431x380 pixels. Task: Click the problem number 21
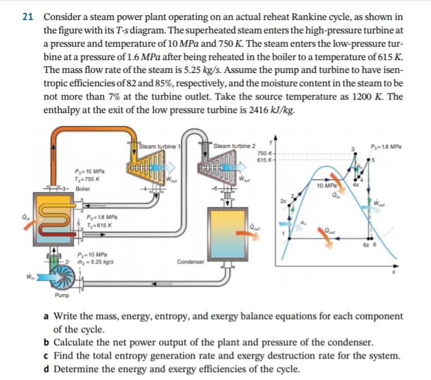tap(28, 17)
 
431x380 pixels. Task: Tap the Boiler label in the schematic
tap(83, 188)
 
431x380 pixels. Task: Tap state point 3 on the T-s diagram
tap(352, 149)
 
